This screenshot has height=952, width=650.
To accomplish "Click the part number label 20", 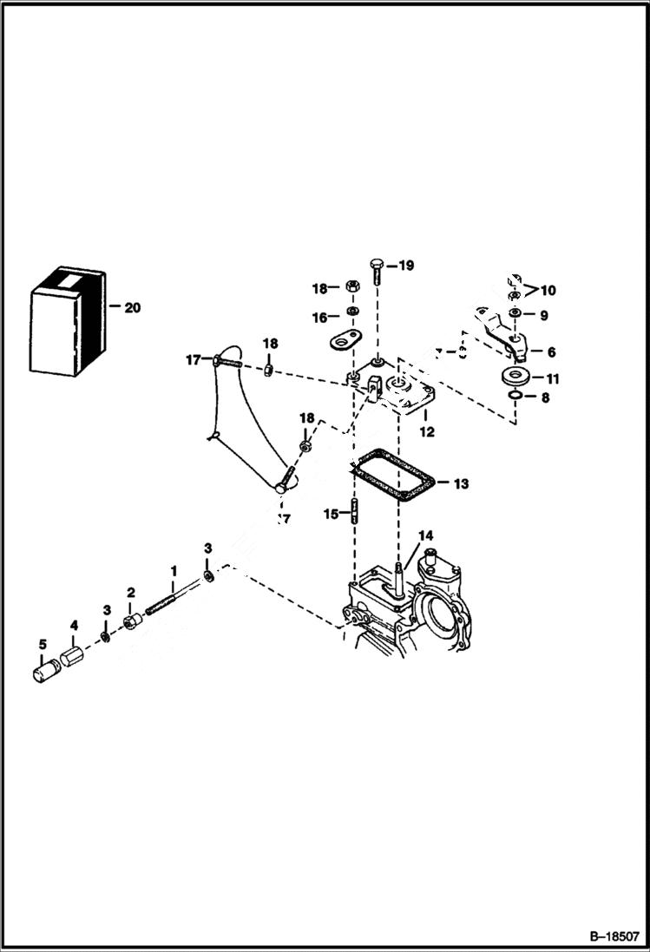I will click(x=133, y=307).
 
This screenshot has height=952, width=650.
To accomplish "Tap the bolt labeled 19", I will click(x=378, y=271).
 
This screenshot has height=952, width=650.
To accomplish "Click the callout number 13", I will click(x=460, y=483).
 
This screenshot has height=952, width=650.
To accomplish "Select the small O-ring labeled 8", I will click(x=515, y=397).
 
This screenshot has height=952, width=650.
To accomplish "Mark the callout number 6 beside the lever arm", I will click(x=551, y=352).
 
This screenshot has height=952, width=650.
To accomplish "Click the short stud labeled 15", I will click(x=354, y=513).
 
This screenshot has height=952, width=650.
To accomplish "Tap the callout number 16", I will click(x=320, y=318).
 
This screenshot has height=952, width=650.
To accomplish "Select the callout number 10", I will click(x=548, y=290).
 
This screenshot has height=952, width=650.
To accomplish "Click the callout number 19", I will click(x=406, y=266).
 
